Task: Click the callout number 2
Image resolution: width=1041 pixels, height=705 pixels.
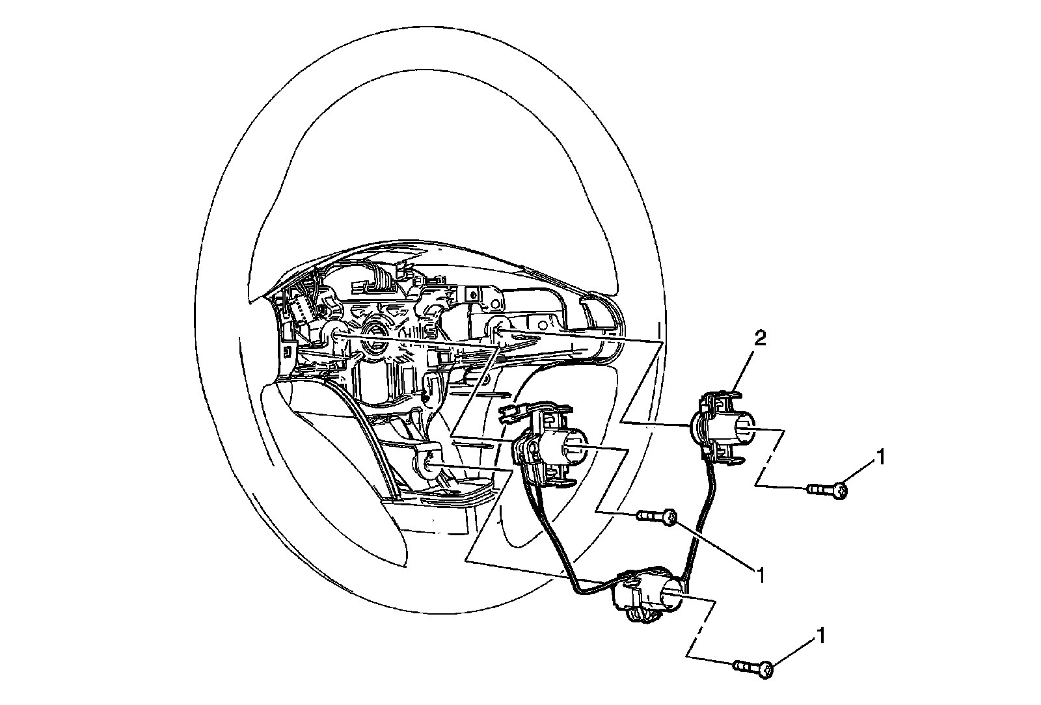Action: click(x=760, y=338)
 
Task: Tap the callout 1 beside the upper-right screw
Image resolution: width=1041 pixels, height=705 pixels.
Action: click(x=880, y=458)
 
